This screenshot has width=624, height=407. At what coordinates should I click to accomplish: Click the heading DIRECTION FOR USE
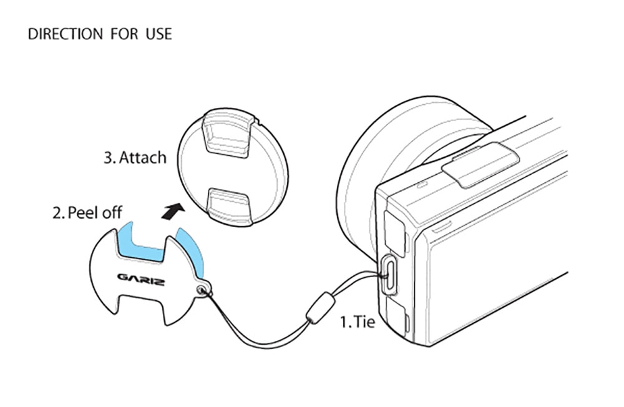coord(100,34)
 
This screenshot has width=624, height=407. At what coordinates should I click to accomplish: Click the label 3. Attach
coord(135,157)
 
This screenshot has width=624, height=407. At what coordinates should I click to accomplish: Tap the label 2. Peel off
coord(87,212)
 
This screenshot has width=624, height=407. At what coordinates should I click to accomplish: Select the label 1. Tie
coord(357,323)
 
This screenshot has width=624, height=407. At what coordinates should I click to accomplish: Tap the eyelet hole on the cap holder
coord(202,288)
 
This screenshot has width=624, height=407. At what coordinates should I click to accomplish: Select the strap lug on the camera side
coord(388,273)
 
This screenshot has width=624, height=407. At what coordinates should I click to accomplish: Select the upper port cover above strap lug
coord(394,231)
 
